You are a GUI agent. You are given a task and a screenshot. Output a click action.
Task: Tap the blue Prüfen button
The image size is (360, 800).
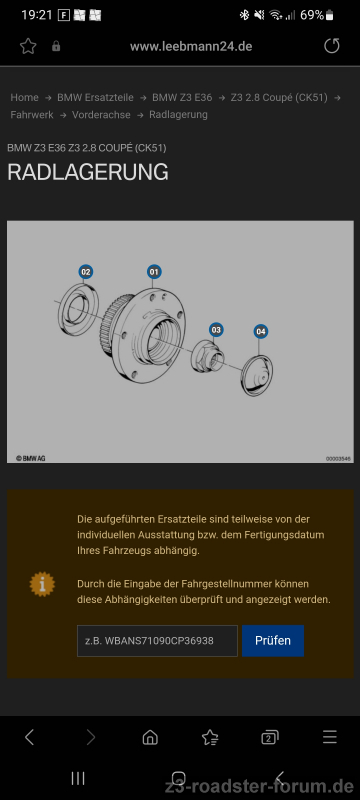click(273, 641)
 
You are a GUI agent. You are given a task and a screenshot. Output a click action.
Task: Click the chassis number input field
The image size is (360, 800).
click(157, 641)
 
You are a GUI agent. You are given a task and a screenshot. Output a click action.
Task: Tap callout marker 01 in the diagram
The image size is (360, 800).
click(154, 272)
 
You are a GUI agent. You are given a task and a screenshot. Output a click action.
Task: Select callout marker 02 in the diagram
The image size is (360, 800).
click(86, 272)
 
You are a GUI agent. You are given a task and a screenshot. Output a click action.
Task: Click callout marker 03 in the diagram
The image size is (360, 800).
click(216, 330)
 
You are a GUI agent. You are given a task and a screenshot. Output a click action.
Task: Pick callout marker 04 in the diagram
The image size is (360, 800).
click(261, 332)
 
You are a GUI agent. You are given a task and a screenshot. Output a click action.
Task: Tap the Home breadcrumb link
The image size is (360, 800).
click(24, 97)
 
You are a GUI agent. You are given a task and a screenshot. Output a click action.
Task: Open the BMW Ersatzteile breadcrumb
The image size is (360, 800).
click(95, 97)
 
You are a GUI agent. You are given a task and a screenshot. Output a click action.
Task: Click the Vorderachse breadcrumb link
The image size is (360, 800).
click(101, 115)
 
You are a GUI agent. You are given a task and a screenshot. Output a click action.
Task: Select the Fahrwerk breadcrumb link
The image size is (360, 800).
click(32, 115)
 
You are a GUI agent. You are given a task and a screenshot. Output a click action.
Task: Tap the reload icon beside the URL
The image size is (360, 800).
click(331, 46)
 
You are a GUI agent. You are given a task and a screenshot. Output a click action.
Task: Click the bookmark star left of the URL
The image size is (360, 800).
click(28, 46)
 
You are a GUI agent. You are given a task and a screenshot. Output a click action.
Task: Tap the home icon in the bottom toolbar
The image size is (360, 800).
click(150, 737)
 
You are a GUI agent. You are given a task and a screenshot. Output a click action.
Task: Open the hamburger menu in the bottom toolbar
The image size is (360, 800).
click(330, 737)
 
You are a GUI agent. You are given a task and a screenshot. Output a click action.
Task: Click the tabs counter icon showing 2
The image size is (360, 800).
click(270, 737)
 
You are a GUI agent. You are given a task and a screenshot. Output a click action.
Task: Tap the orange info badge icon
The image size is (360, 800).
click(42, 584)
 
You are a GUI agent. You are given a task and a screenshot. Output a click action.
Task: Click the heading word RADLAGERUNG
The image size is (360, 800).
click(88, 172)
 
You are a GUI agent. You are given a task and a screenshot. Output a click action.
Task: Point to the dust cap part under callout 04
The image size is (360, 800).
click(256, 376)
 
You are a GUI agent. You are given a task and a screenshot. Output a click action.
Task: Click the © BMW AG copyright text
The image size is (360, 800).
click(31, 458)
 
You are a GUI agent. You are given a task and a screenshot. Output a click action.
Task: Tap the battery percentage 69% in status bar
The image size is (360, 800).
click(312, 15)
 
